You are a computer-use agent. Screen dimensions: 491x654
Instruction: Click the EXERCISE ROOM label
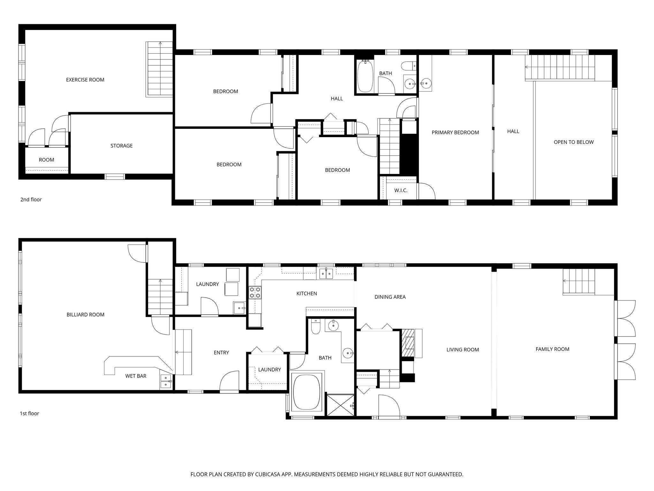[x=85, y=80]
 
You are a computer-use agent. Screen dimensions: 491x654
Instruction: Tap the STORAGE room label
[x=121, y=146]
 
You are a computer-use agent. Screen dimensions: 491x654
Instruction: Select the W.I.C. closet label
[x=401, y=191]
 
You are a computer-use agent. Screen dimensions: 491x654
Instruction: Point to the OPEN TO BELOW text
[x=574, y=142]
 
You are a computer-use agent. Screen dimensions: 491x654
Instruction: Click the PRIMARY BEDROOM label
[x=455, y=132]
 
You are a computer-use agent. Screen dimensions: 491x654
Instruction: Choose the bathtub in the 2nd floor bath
[x=365, y=76]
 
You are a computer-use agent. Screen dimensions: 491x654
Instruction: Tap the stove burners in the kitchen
[x=255, y=292]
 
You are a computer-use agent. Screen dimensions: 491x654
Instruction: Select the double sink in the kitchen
[x=326, y=274]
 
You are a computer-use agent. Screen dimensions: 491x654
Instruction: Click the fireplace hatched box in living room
[x=407, y=343]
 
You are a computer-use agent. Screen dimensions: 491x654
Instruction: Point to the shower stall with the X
[x=341, y=405]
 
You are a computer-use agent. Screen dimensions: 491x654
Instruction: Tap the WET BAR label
[x=136, y=376]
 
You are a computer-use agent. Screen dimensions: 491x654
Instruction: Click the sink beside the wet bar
[x=166, y=381]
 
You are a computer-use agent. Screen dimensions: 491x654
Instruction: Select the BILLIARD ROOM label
[x=85, y=315]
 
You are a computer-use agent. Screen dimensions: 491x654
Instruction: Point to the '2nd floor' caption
[x=31, y=199]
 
